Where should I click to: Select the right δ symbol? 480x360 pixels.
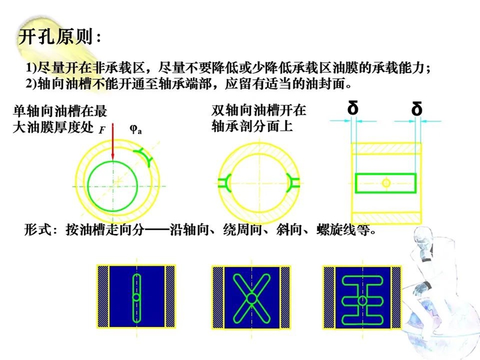tap(417, 110)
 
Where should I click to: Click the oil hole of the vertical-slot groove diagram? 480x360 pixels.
tap(137, 298)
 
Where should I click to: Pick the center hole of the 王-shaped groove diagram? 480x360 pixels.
tap(362, 299)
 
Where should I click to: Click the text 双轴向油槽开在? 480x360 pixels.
tap(259, 111)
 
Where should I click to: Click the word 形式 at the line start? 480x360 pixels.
tap(37, 230)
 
